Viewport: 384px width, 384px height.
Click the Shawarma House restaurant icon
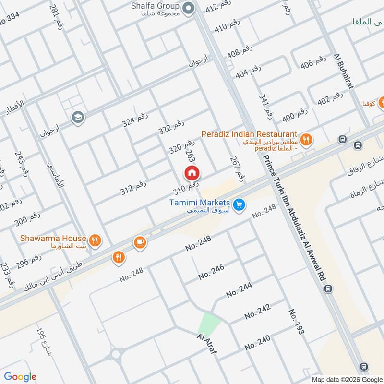click(96, 240)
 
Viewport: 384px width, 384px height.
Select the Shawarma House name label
click(53, 239)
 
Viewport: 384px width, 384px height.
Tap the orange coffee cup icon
click(140, 242)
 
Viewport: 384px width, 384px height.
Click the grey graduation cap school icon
click(76, 117)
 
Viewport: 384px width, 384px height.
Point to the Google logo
click(20, 377)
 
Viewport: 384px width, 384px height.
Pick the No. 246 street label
click(211, 272)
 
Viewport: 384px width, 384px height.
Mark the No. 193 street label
click(296, 321)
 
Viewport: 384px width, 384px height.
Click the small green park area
click(209, 323)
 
